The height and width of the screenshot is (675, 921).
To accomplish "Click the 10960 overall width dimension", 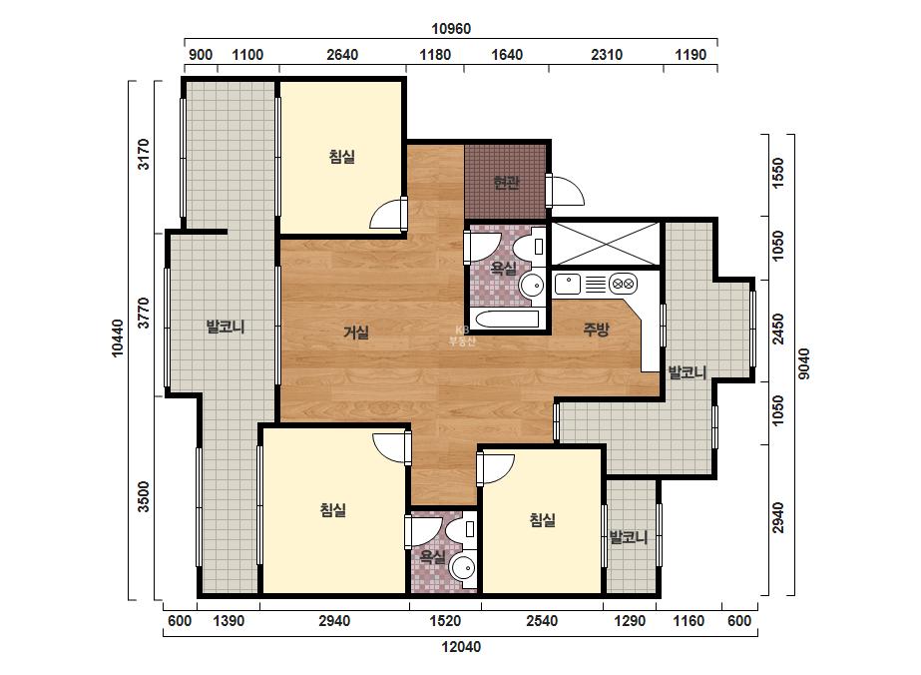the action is click(x=450, y=29).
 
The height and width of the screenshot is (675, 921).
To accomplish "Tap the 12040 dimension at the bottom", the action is click(x=461, y=647).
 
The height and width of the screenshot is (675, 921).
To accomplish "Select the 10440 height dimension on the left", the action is click(x=118, y=338).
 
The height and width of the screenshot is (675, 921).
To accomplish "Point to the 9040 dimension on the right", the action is click(x=804, y=363).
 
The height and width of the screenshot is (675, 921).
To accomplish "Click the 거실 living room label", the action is click(x=356, y=333).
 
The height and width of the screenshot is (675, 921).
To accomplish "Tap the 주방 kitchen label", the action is click(x=596, y=329).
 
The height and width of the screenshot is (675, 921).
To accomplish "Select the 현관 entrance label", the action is click(x=506, y=183).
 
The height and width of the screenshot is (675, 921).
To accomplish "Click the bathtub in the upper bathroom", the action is click(x=508, y=321).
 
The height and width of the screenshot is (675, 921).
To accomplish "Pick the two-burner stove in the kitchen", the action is click(x=624, y=284).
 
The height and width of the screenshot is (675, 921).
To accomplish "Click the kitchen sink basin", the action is click(x=568, y=284).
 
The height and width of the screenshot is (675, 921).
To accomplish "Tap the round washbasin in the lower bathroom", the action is click(x=463, y=568).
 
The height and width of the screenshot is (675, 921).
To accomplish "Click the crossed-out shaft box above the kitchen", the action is click(x=606, y=244).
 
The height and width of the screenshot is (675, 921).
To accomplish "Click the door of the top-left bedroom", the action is click(x=388, y=215).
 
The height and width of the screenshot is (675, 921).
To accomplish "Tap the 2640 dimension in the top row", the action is click(x=342, y=55).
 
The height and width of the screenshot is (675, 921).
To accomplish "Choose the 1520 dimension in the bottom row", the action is click(x=445, y=621).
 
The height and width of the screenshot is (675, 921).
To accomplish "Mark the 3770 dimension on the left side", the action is click(x=144, y=314).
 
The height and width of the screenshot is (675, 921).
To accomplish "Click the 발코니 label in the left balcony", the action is click(x=226, y=327).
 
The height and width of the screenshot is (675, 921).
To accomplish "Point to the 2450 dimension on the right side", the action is click(x=777, y=330).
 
